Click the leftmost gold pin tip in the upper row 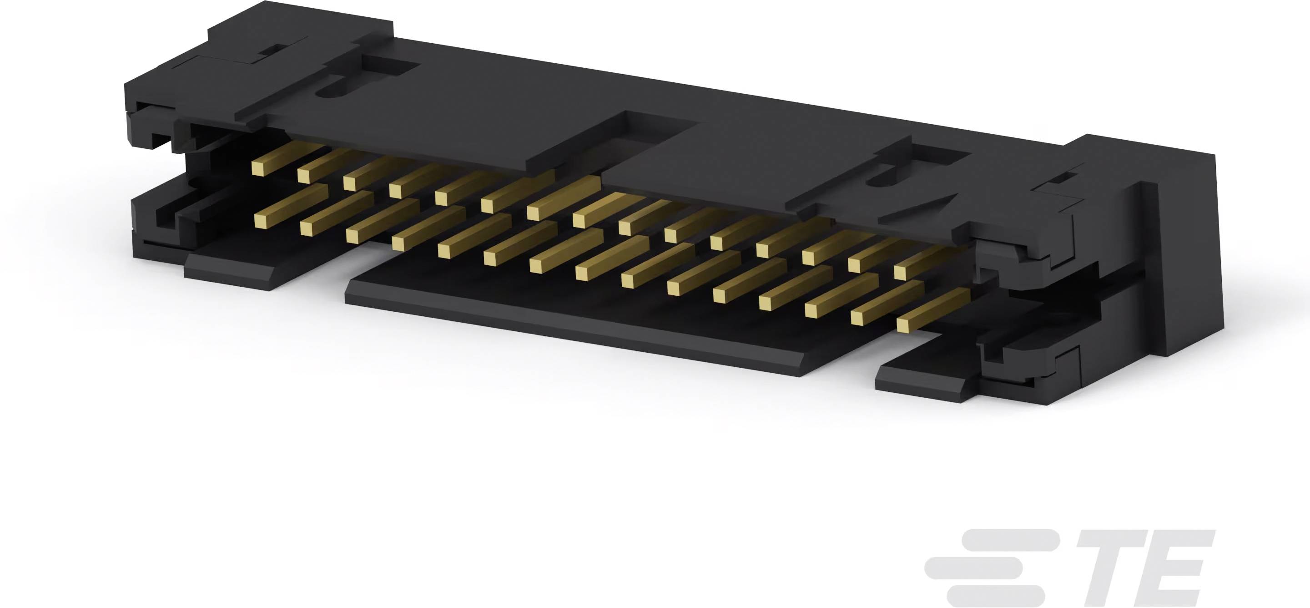pos(259,168)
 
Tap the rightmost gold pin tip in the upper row pos(900,273)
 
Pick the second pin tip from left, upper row pos(304,176)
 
